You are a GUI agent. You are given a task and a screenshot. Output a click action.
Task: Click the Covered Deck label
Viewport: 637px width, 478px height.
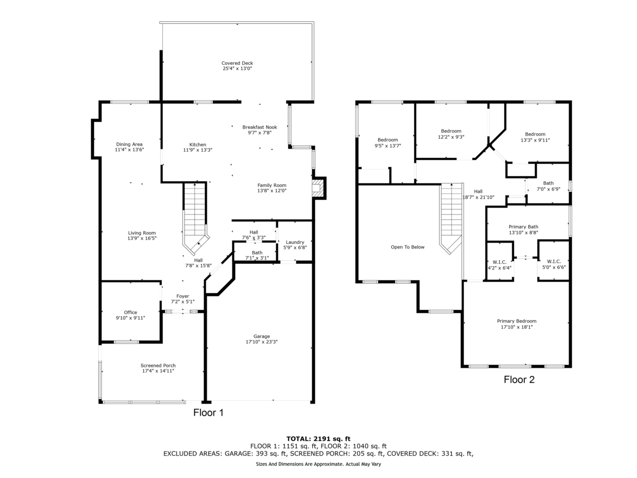click(237, 63)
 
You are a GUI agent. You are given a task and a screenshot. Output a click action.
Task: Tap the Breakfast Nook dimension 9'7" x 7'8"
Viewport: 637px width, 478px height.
click(260, 133)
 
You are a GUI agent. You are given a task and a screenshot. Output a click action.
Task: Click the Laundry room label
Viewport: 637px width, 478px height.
click(295, 242)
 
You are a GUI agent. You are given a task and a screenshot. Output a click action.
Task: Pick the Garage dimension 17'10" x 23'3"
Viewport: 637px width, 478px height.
click(262, 342)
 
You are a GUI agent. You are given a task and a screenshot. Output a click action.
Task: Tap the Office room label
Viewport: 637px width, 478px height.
click(130, 312)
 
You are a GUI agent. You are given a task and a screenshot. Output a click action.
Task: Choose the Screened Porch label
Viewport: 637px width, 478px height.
click(158, 365)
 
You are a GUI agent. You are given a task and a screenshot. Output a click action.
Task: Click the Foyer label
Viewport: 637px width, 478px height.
click(183, 296)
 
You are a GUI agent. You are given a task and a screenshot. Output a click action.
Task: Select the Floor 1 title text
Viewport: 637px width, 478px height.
click(209, 413)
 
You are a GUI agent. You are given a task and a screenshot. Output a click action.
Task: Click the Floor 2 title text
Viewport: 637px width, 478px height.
click(519, 380)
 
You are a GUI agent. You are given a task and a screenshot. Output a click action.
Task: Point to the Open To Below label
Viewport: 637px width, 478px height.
click(408, 247)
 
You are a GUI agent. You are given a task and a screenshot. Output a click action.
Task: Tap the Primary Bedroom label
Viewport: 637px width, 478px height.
click(517, 321)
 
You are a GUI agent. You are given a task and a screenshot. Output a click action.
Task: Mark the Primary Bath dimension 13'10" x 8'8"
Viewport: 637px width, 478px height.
click(523, 233)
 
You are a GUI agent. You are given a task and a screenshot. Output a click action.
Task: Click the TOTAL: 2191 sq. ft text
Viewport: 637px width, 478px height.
click(318, 439)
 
